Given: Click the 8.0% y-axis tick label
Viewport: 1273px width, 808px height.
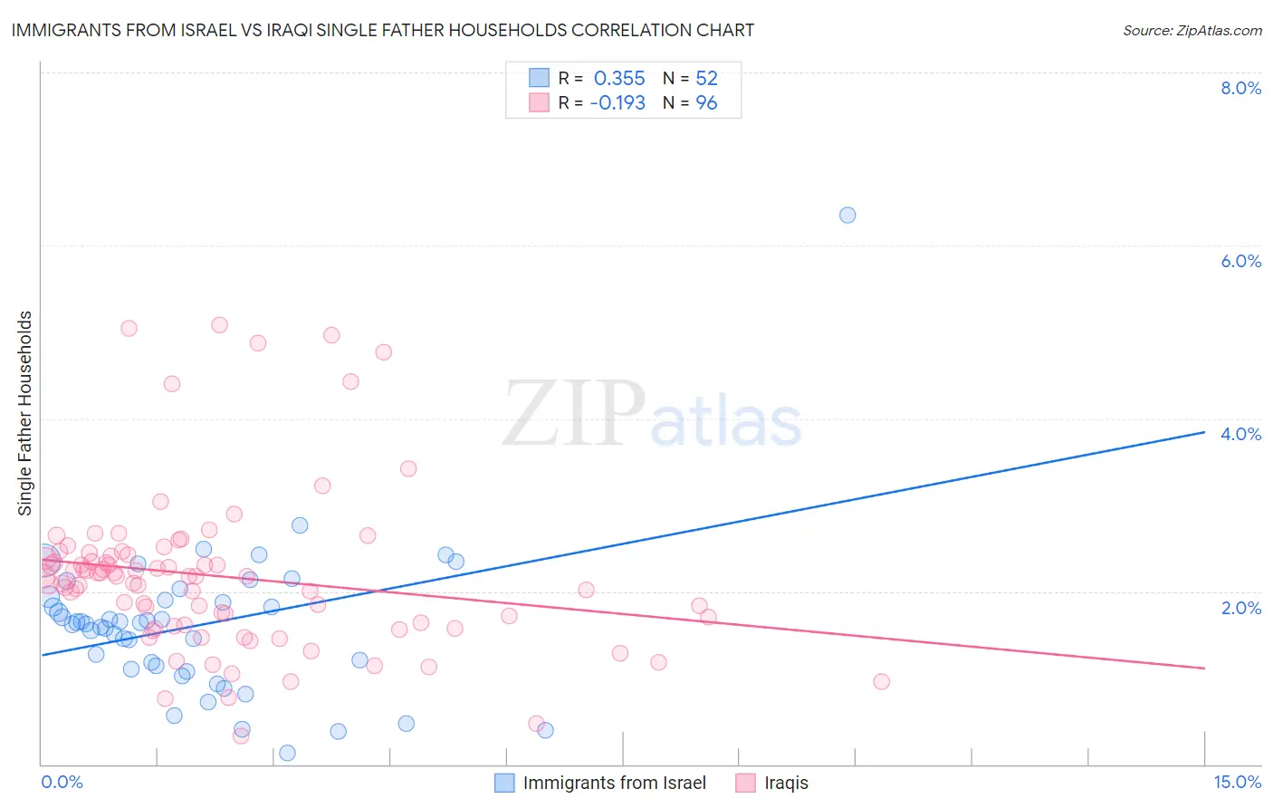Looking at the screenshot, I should click(1240, 88).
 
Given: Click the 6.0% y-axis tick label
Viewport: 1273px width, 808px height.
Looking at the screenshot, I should click(1240, 261).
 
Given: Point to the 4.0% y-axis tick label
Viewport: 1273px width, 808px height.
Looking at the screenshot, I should click(1240, 434).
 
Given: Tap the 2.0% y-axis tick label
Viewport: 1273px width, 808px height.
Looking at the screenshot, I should click(1240, 608).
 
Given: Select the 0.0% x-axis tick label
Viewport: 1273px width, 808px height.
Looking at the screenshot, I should click(62, 783).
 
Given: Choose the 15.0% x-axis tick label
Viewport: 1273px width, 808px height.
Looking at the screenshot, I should click(1237, 783).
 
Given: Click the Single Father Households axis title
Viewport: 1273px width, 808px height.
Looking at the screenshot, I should click(25, 413).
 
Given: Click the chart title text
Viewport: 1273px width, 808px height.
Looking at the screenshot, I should click(382, 30).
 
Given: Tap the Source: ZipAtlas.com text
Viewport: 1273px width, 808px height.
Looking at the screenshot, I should click(1192, 30).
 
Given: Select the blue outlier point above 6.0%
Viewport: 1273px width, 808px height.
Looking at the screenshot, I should click(847, 215).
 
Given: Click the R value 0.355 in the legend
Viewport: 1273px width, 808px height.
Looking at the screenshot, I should click(619, 78).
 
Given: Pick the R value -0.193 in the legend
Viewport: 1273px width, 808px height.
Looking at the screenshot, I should click(617, 103).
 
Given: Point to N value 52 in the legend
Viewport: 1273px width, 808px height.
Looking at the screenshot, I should click(706, 78).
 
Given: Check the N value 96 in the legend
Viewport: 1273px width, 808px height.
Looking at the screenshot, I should click(706, 103).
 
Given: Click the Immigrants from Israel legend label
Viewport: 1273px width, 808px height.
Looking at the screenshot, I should click(614, 783).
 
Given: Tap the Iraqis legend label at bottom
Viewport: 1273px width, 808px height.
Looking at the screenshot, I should click(786, 783).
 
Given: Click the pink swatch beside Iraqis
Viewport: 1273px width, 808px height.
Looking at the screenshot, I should click(745, 783).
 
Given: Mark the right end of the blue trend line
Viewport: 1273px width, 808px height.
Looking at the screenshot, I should click(1204, 432).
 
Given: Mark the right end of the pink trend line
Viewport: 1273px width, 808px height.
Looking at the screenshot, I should click(1204, 668).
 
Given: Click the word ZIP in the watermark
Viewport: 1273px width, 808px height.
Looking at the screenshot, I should click(573, 415).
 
